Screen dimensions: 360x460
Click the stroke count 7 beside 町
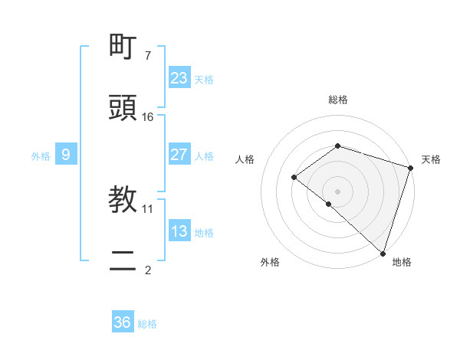pos(148,55)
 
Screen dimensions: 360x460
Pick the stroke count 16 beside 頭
pos(148,116)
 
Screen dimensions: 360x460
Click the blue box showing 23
pos(179,78)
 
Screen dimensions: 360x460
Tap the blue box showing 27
pos(179,155)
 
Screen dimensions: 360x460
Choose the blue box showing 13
pos(179,231)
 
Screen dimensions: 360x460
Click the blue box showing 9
pos(66,155)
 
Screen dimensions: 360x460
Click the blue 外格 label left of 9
pos(41,156)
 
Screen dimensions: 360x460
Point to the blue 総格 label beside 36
pos(147,324)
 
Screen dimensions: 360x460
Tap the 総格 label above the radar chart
pos(337,100)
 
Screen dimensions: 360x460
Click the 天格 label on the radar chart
pos(431,159)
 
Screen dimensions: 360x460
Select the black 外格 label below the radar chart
pos(270,262)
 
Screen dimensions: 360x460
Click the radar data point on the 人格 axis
pos(294,177)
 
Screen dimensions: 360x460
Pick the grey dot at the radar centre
pos(337,191)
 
